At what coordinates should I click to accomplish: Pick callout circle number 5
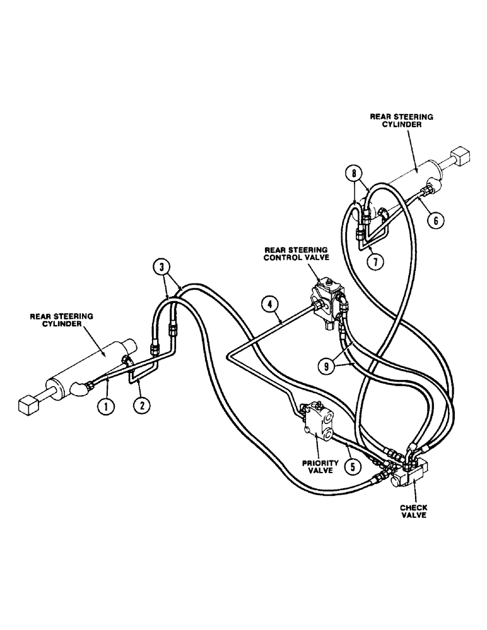pyautogui.click(x=351, y=467)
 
